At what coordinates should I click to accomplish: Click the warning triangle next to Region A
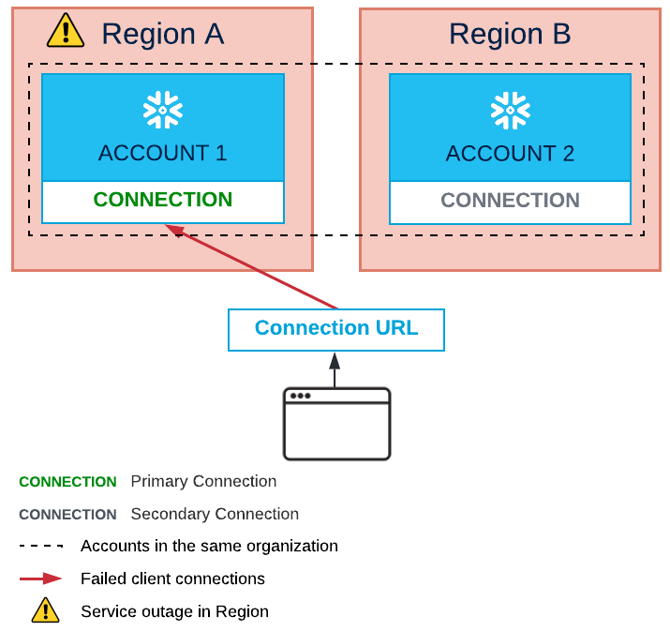(x=66, y=31)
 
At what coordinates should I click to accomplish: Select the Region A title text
(x=162, y=34)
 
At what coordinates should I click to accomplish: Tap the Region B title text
(x=510, y=34)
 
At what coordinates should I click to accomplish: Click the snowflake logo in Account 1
(x=163, y=111)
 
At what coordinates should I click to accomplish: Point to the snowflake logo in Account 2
(x=510, y=111)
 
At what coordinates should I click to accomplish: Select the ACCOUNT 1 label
(x=163, y=153)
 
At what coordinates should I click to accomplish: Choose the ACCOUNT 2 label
(x=510, y=153)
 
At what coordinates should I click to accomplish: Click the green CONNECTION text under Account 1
(x=163, y=200)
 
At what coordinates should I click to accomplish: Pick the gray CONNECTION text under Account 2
(x=510, y=201)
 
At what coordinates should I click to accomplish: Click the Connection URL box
(x=335, y=329)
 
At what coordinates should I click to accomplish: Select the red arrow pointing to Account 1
(x=253, y=267)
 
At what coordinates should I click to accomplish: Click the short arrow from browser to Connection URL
(x=335, y=369)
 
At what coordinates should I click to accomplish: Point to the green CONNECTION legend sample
(x=67, y=482)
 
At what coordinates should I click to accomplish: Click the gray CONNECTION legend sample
(x=67, y=515)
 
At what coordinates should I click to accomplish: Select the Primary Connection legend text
(x=203, y=482)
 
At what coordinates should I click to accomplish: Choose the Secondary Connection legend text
(x=215, y=514)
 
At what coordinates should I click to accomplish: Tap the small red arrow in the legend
(x=41, y=578)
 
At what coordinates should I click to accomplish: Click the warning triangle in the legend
(x=45, y=610)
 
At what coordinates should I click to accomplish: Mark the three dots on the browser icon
(x=300, y=396)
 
